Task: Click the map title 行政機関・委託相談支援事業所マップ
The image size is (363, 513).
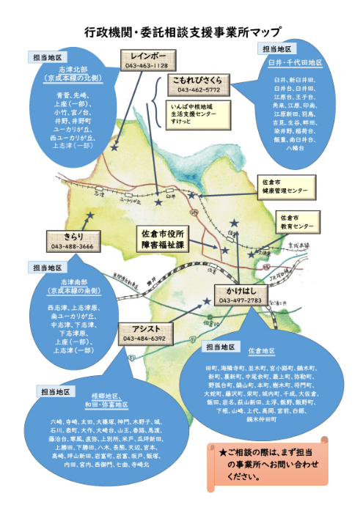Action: [182, 32]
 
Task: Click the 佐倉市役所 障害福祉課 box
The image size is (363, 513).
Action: [174, 240]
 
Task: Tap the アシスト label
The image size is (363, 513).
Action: [143, 328]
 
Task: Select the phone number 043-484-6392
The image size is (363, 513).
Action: [143, 339]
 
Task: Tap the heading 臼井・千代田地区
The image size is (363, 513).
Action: [290, 63]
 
